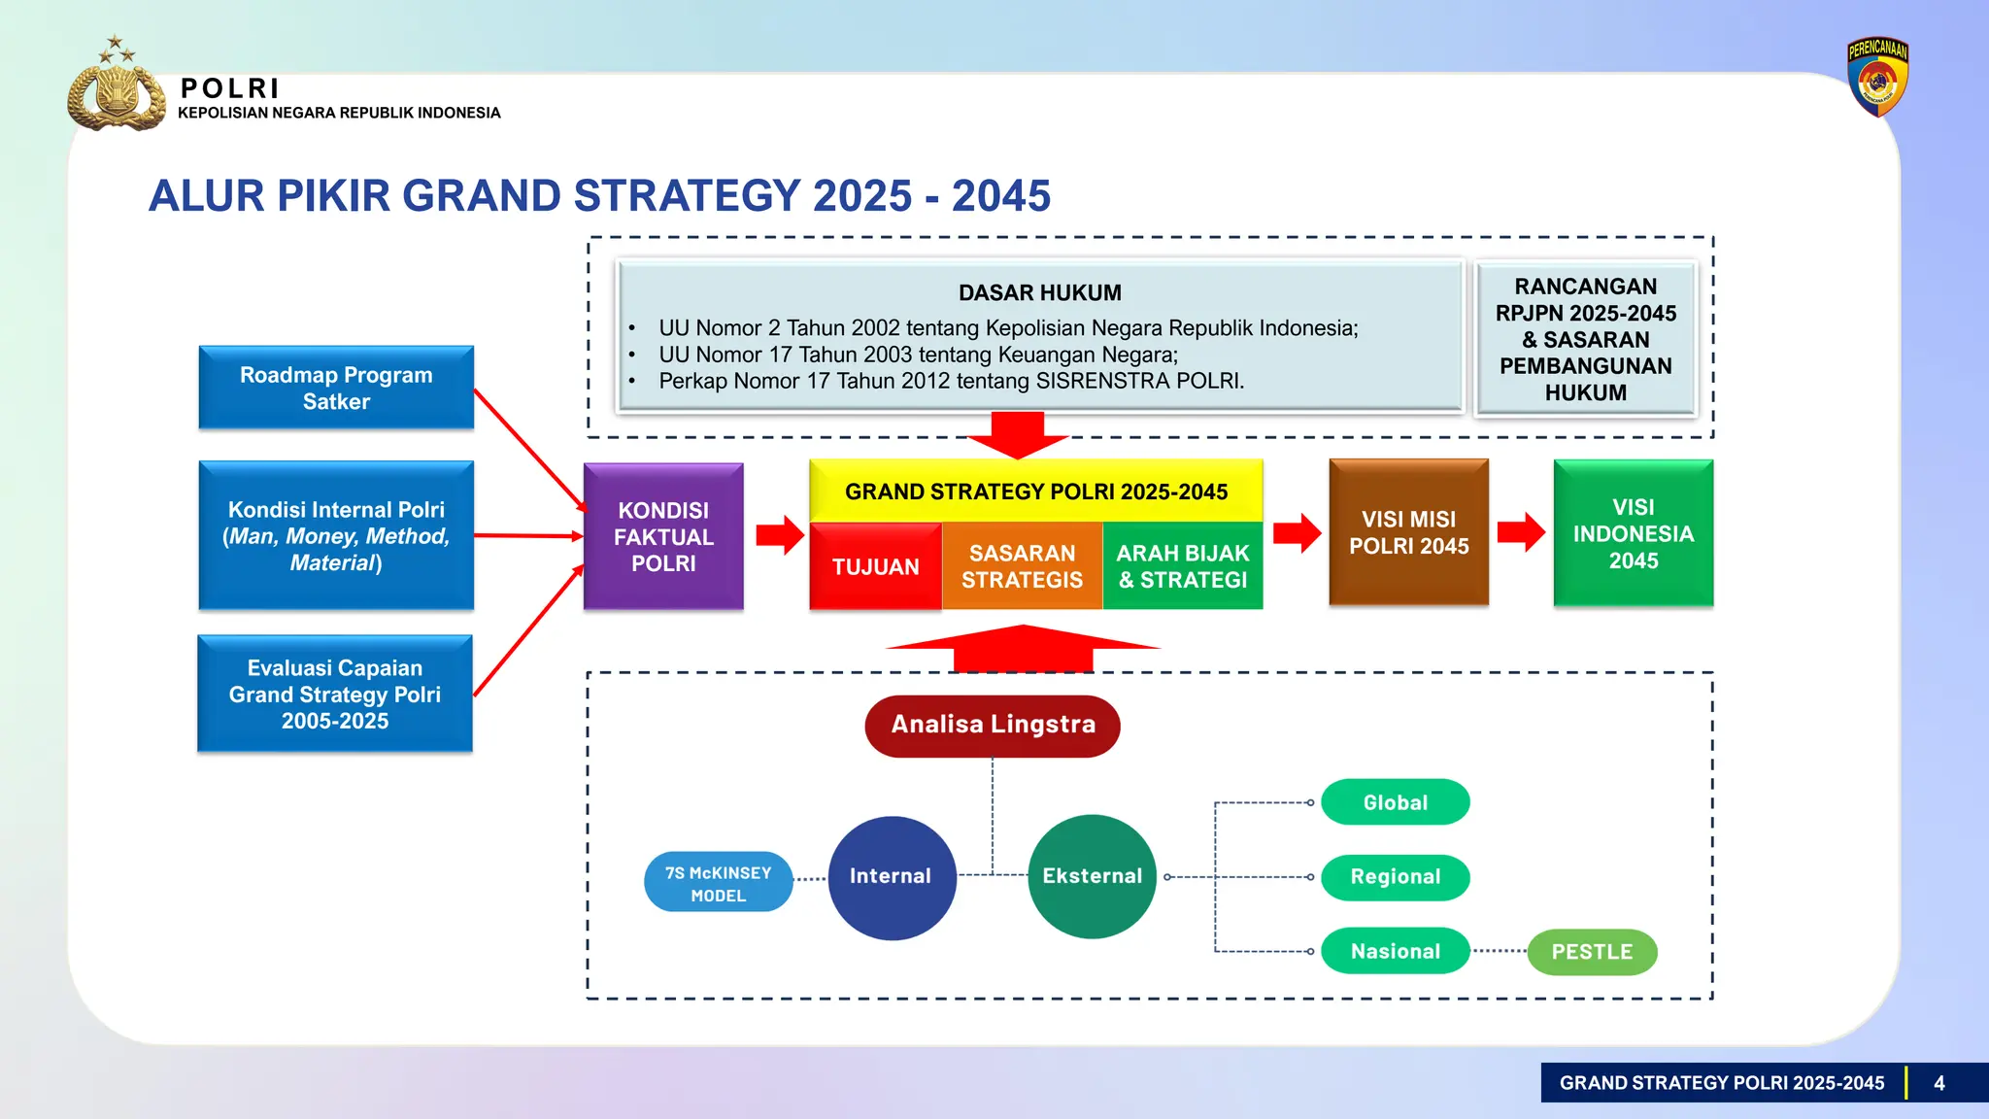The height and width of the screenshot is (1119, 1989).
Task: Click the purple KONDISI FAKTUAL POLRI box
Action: [663, 536]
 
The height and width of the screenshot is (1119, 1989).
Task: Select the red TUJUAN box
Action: [875, 566]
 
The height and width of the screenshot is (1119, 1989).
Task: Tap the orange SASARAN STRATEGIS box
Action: [1022, 566]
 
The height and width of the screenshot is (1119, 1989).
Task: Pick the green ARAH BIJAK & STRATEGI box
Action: [1182, 566]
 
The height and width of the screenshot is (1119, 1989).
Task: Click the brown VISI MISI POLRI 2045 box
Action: [1408, 532]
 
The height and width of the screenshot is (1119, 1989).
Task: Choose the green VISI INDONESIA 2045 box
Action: [1633, 533]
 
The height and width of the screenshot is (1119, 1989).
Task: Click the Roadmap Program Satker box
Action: [336, 388]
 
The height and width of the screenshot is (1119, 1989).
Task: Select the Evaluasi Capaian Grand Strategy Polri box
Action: [335, 694]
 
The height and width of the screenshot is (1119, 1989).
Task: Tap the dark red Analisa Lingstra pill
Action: [993, 725]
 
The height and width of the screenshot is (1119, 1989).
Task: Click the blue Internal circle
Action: [891, 876]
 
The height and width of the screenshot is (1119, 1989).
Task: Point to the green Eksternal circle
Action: [1092, 876]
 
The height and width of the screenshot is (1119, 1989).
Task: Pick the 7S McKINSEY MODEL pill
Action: [718, 883]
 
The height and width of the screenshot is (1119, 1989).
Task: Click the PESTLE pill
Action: [1592, 952]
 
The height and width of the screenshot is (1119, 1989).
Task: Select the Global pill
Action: [1395, 802]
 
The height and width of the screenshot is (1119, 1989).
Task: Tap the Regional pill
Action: [1395, 877]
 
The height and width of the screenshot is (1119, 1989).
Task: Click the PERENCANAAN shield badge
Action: [1877, 78]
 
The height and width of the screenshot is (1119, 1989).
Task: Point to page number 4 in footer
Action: [1938, 1083]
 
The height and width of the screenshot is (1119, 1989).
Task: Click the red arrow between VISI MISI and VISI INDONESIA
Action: [1521, 532]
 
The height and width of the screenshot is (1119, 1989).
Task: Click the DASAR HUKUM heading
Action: [1039, 292]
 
